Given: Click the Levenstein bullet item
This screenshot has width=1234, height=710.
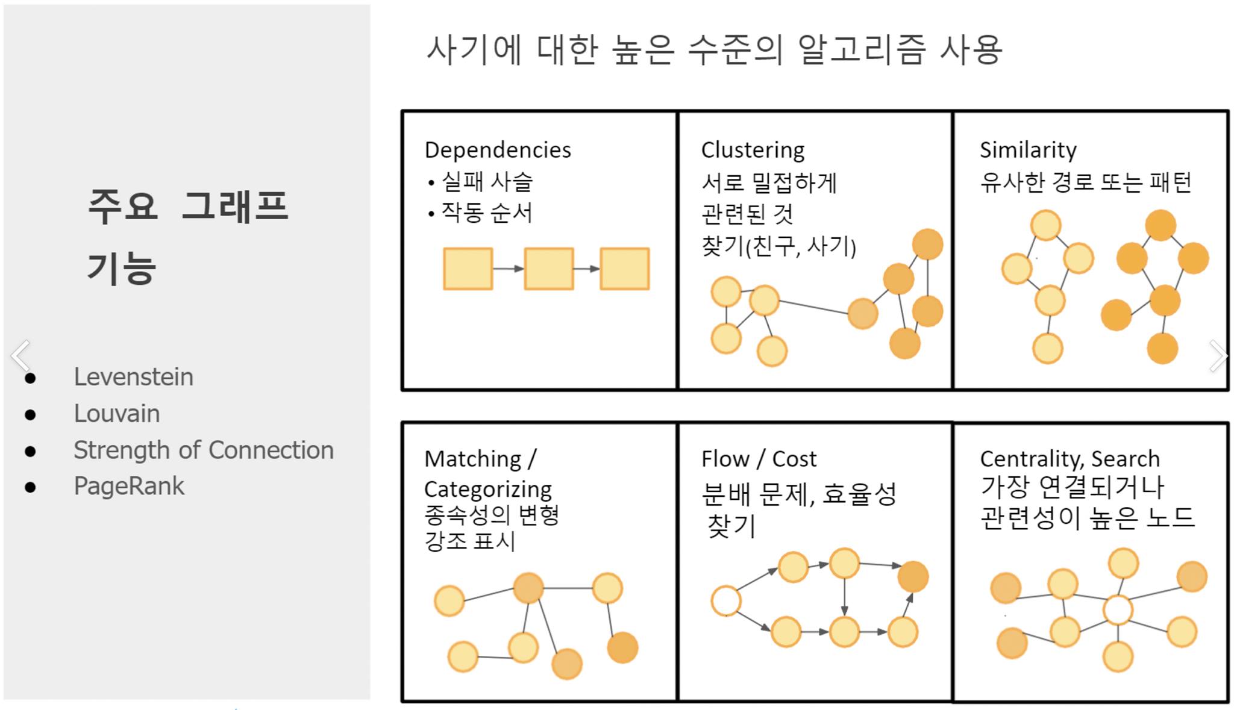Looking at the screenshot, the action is pyautogui.click(x=133, y=377).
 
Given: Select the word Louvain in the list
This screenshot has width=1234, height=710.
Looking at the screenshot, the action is pyautogui.click(x=117, y=414).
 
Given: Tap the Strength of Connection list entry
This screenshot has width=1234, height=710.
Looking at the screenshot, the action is pyautogui.click(x=203, y=450).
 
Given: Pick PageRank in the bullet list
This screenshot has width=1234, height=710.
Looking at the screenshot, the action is pyautogui.click(x=129, y=486).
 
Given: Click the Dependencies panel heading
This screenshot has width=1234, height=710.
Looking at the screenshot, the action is pyautogui.click(x=498, y=150).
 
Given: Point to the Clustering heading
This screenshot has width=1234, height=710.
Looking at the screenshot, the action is pyautogui.click(x=753, y=150).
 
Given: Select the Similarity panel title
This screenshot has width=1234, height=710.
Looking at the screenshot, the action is pyautogui.click(x=1028, y=149).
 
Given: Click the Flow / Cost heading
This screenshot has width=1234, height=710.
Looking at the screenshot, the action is pyautogui.click(x=759, y=459).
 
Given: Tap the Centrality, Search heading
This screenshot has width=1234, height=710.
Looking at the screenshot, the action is pyautogui.click(x=1070, y=459).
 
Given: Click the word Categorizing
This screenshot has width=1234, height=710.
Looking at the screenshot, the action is pyautogui.click(x=488, y=489).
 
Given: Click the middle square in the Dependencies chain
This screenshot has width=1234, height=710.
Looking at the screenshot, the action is pyautogui.click(x=548, y=269).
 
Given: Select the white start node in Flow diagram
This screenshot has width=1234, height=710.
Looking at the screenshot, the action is pyautogui.click(x=725, y=601).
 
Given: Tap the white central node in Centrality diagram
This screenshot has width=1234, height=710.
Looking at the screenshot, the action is pyautogui.click(x=1118, y=610).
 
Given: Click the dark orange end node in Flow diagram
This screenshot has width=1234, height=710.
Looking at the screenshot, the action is pyautogui.click(x=913, y=576).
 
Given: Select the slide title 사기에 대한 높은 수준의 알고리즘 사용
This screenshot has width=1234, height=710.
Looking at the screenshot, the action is pyautogui.click(x=714, y=49).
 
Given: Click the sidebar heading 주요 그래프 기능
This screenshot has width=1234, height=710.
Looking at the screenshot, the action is pyautogui.click(x=188, y=236).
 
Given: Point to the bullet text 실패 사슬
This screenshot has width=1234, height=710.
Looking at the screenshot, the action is pyautogui.click(x=487, y=181).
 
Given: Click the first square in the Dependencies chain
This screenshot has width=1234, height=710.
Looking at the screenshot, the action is pyautogui.click(x=468, y=269).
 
